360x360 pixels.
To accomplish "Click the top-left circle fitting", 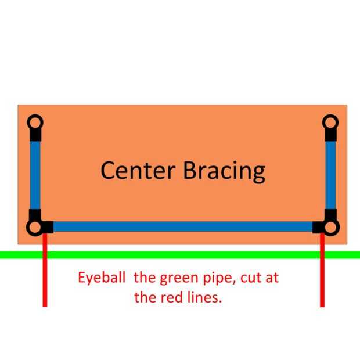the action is (35, 123).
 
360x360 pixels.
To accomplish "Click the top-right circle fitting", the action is (330, 123).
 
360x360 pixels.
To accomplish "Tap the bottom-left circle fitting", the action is (34, 226).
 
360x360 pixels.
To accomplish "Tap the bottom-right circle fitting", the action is (330, 226).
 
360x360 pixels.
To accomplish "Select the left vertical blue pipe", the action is (35, 174).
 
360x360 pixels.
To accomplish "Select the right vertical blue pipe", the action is (330, 174).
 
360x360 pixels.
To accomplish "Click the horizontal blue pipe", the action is (182, 226).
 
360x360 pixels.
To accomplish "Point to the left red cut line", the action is (45, 279).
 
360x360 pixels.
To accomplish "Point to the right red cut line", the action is (322, 279).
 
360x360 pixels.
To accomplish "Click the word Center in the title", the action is (138, 171).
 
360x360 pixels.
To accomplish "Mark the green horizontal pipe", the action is (180, 254).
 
